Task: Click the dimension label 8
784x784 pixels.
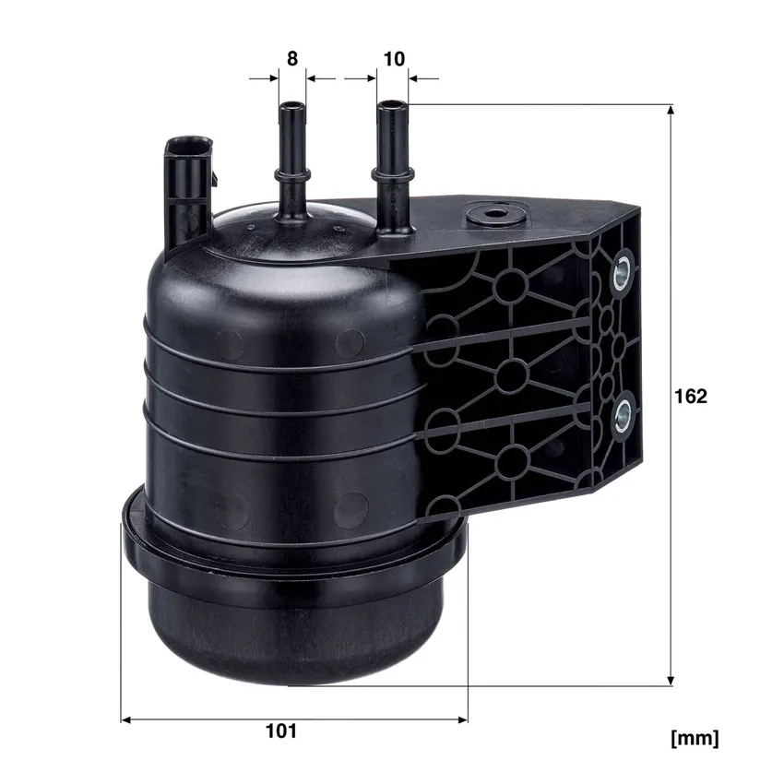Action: click(x=292, y=59)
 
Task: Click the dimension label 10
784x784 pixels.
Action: click(x=394, y=59)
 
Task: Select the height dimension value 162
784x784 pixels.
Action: click(x=691, y=396)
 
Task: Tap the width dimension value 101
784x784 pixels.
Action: click(x=281, y=731)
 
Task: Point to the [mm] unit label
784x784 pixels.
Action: click(x=695, y=738)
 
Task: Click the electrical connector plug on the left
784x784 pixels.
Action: click(x=188, y=190)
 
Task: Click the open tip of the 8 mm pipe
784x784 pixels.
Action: click(x=292, y=106)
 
